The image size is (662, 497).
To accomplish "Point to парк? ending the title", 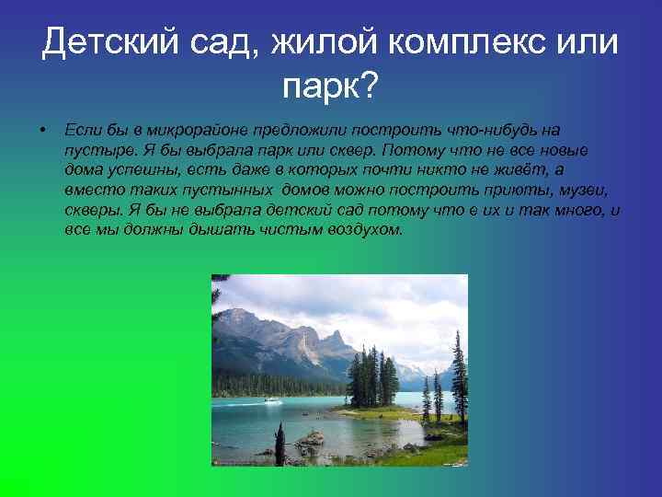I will pos(330,87).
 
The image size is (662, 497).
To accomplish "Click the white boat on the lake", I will pos(272,400).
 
